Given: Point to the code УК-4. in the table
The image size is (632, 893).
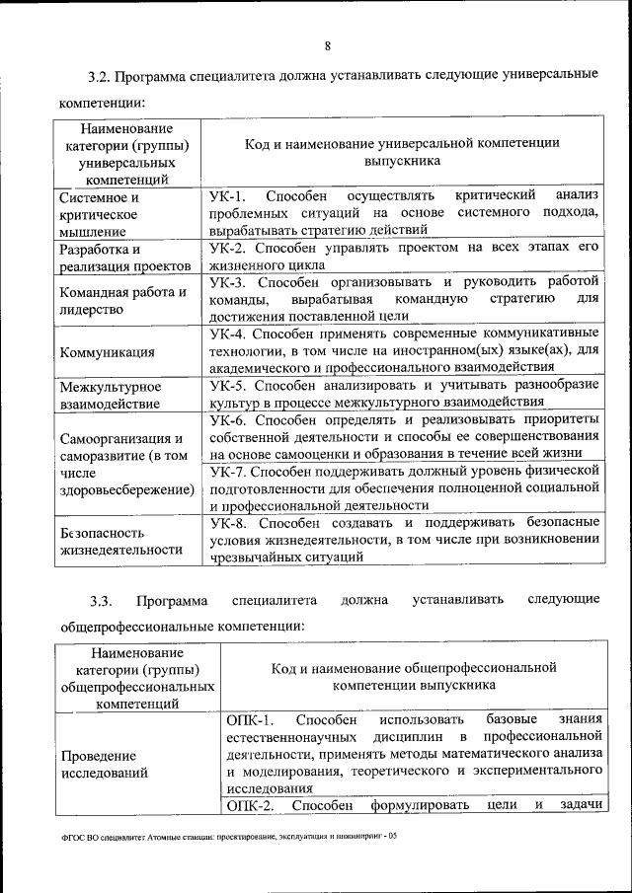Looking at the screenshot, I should tap(230, 334).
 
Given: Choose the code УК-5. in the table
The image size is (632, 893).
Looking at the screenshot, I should tap(230, 385).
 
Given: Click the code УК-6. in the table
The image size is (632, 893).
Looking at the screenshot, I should tap(230, 419).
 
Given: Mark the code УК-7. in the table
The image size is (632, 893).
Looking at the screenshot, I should tap(230, 471).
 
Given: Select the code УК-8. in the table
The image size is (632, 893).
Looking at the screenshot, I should tap(230, 522).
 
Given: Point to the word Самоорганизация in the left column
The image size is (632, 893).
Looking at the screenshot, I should tap(115, 438).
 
